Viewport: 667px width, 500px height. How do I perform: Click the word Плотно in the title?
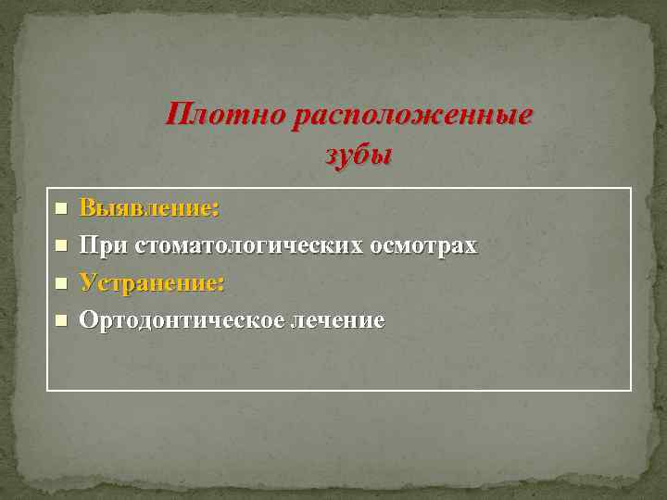click(225, 117)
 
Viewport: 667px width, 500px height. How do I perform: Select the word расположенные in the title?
click(412, 117)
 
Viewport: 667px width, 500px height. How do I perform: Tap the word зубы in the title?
click(359, 156)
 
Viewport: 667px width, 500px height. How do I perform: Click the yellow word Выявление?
click(149, 207)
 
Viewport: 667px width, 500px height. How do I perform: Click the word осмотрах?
click(423, 245)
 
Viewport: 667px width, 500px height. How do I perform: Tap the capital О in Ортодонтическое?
click(89, 320)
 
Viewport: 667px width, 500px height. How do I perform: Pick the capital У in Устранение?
click(88, 282)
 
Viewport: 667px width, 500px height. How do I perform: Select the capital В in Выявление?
click(88, 207)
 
